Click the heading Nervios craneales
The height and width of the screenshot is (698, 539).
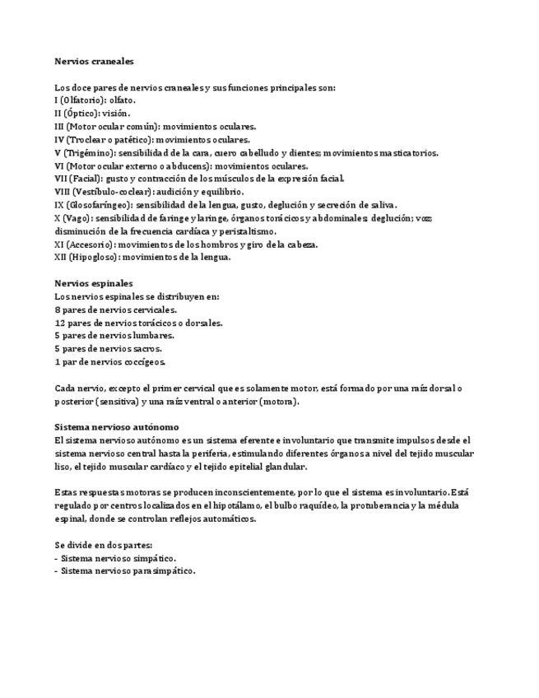[94, 61]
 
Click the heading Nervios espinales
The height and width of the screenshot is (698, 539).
[93, 283]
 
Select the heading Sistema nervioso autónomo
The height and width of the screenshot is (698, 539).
[116, 427]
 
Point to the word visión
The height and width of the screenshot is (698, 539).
[115, 114]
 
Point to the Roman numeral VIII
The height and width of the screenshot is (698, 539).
[63, 192]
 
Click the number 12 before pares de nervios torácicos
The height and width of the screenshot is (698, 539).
[60, 323]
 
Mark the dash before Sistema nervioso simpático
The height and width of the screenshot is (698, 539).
[56, 558]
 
